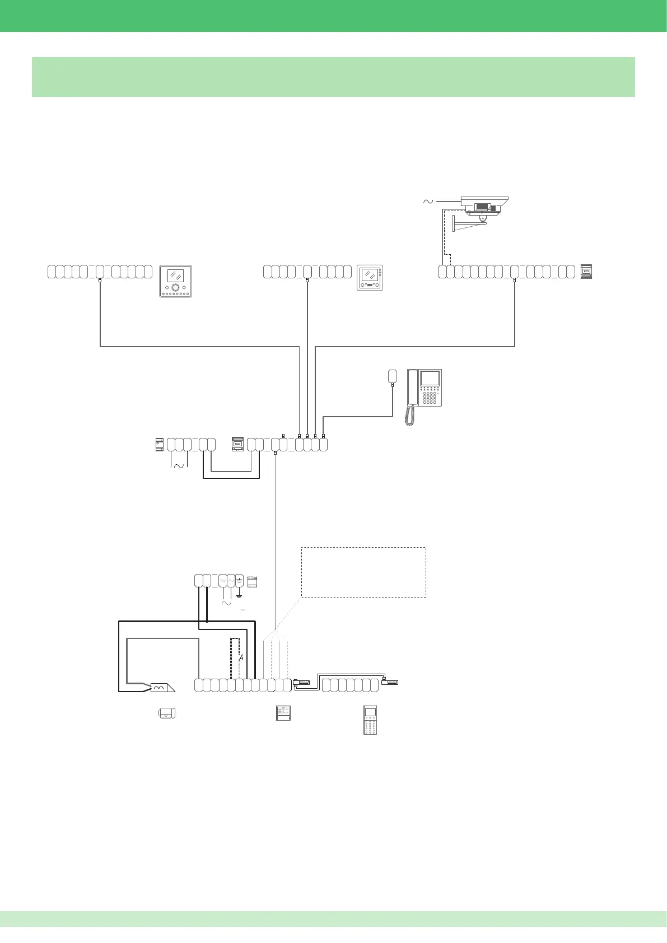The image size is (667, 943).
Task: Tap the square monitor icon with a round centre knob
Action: coord(175,281)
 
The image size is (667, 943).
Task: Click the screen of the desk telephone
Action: coord(430,379)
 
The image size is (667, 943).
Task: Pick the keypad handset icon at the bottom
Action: coord(370,720)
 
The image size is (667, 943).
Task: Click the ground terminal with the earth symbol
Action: coord(239,581)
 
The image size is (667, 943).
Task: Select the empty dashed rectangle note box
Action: coord(363,572)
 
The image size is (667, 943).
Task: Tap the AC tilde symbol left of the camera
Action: coord(428,201)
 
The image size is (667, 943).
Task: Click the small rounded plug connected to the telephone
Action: coord(393,376)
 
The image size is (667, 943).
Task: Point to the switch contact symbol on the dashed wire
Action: coord(241,657)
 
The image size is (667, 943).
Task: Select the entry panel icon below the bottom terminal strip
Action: coord(283,713)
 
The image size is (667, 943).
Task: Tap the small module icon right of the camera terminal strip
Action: coord(586,272)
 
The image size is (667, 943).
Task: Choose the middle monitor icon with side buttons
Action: coord(370,278)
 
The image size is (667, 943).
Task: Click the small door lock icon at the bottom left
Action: coord(167,713)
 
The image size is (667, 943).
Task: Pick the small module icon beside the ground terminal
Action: coord(252,581)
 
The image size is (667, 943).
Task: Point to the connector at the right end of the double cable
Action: coord(390,682)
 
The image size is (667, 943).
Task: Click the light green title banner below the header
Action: coord(333,77)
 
